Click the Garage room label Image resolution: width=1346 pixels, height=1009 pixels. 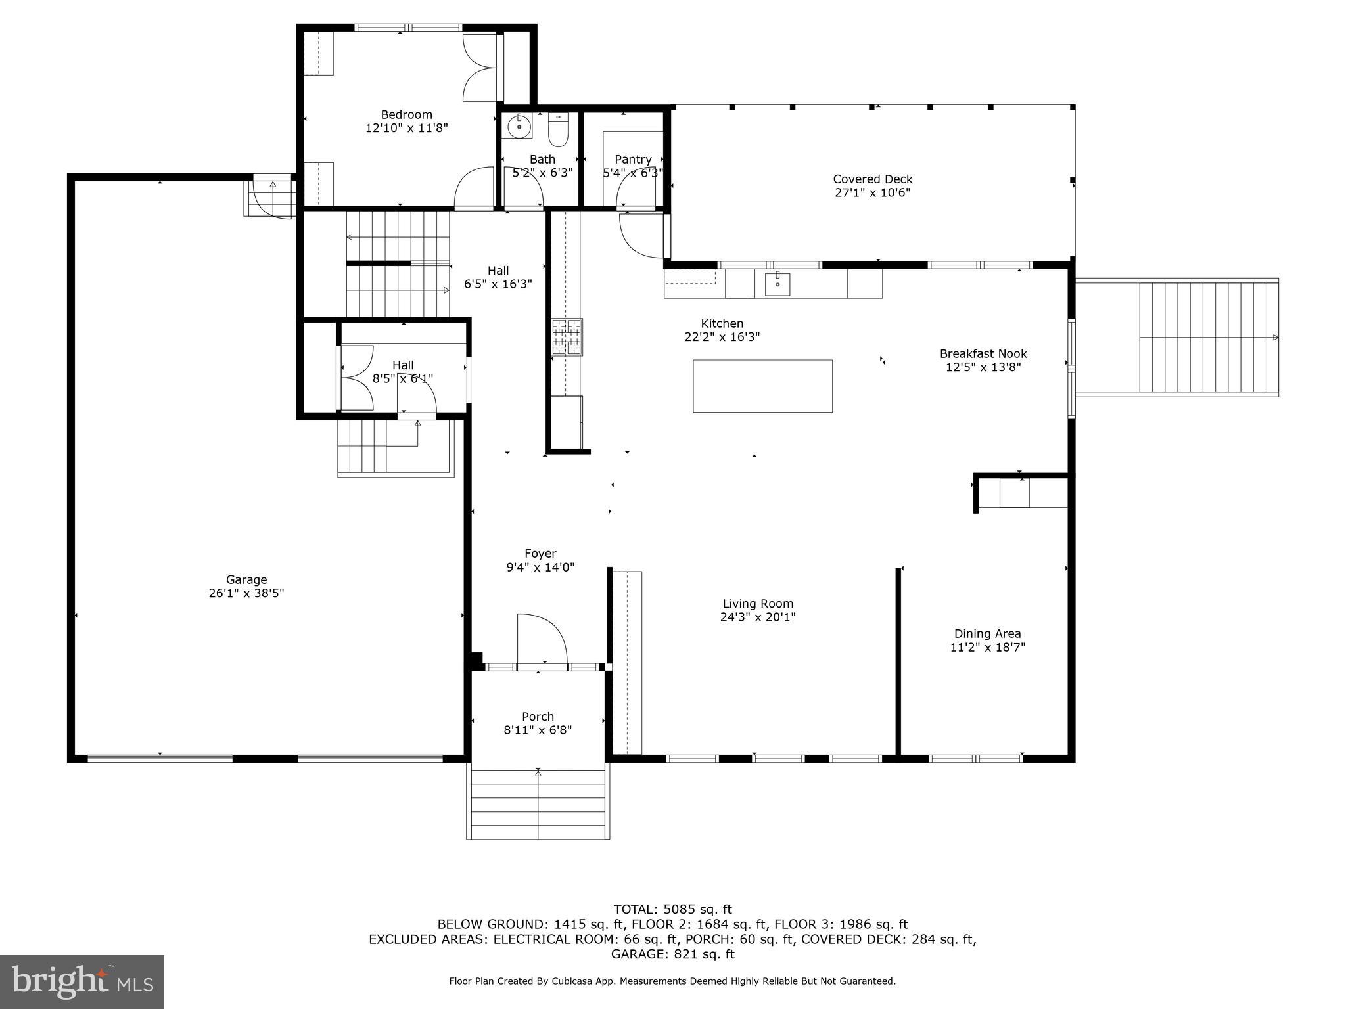click(246, 579)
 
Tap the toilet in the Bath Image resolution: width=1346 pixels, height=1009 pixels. click(558, 132)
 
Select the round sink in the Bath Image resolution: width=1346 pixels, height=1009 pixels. click(519, 126)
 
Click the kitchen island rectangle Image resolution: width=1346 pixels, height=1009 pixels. click(762, 386)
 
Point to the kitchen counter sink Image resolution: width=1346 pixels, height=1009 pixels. click(777, 284)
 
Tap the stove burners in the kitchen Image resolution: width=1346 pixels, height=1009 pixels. click(567, 336)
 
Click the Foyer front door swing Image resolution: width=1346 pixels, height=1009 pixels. click(542, 640)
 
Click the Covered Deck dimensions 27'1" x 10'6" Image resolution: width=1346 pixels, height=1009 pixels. click(872, 192)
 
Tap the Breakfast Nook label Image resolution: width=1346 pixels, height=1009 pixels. click(983, 353)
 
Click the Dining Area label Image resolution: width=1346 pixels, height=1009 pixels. click(987, 633)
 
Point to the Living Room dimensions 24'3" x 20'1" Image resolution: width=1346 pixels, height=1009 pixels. click(758, 617)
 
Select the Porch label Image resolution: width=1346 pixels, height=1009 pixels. click(538, 716)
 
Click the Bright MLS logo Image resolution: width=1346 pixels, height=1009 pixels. click(82, 981)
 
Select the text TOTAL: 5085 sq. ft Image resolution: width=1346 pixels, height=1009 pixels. click(672, 909)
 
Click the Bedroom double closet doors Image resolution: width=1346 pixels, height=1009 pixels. click(480, 68)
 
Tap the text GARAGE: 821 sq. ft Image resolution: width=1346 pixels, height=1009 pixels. click(672, 954)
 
